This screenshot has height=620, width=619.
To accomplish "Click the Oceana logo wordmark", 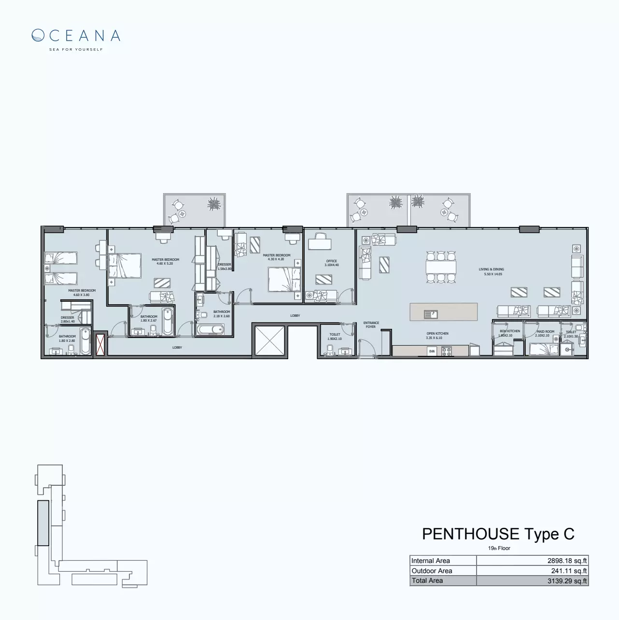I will (76, 36).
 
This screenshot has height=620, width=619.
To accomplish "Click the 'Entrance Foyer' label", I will (371, 324).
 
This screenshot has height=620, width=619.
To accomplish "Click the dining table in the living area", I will (441, 267).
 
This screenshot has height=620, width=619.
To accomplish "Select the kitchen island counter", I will (443, 312).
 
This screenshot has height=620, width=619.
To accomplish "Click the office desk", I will (319, 244).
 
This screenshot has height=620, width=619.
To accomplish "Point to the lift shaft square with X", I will (269, 341).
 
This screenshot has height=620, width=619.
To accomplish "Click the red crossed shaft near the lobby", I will (100, 345).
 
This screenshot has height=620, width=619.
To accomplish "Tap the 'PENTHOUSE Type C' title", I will (498, 534).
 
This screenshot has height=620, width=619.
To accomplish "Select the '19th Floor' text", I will (499, 548).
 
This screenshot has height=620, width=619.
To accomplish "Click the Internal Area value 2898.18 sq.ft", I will (566, 561).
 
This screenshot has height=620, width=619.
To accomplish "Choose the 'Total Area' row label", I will (427, 581).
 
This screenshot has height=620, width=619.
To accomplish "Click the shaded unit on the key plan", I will (43, 523).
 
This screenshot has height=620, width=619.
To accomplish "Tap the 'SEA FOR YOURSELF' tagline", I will (76, 49).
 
